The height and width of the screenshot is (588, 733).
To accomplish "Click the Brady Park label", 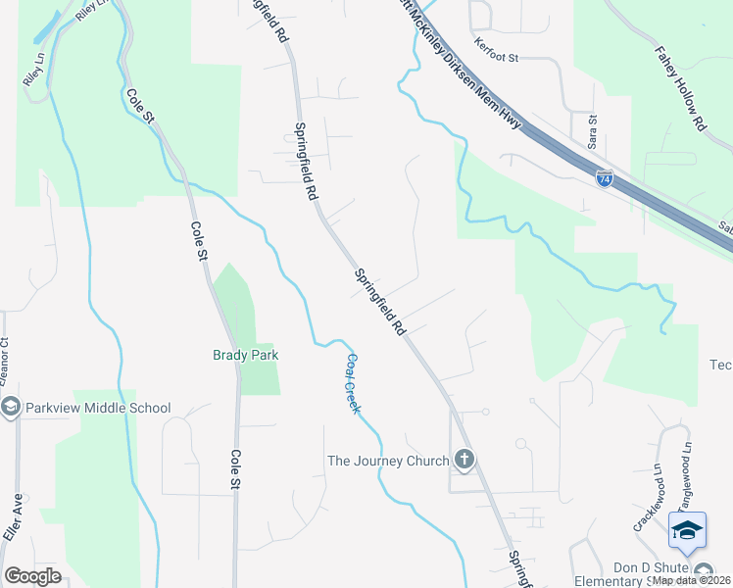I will [x=246, y=355].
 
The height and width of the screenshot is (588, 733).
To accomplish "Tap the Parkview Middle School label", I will [x=98, y=408].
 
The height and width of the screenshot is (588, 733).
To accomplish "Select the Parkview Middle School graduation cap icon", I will [x=11, y=408].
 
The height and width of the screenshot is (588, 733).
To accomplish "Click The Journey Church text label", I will [x=388, y=460].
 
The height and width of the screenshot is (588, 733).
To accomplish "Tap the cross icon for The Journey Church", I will [x=464, y=460].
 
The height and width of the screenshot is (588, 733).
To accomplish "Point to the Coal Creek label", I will [x=353, y=382].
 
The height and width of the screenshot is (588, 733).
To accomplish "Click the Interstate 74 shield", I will [x=605, y=178].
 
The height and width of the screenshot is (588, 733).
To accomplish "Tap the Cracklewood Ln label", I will [x=663, y=498].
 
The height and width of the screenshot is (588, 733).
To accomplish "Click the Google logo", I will [x=32, y=576].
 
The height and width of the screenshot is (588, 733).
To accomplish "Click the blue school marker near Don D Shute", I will [x=687, y=530].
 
